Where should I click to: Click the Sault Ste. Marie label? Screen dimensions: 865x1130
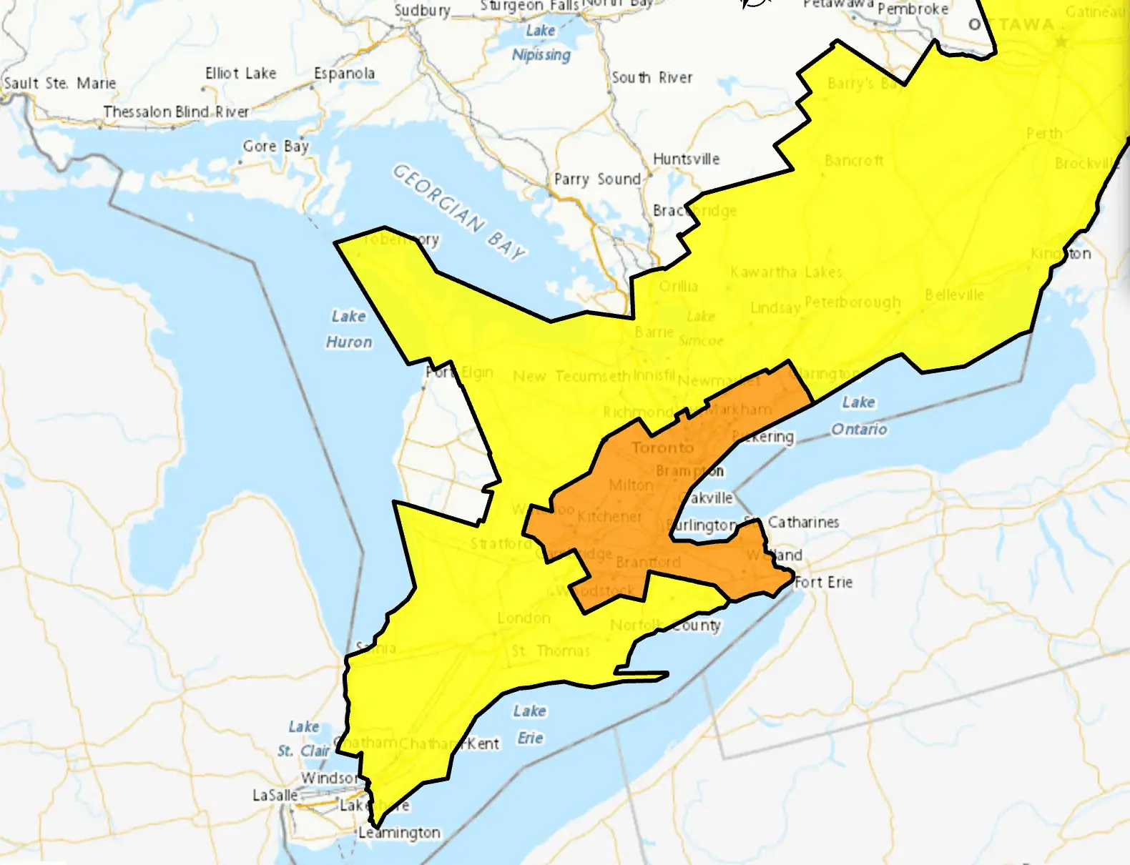[59, 83]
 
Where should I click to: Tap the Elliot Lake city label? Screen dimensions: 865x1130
[240, 73]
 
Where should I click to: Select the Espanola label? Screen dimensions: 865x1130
[344, 73]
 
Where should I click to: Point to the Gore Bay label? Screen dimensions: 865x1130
[275, 146]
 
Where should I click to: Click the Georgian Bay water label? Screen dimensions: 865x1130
[458, 211]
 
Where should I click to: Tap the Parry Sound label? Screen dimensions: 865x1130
[597, 179]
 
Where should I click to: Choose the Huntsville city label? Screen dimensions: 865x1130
[686, 159]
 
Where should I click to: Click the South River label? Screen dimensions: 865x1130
[652, 77]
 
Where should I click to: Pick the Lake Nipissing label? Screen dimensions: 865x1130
[541, 42]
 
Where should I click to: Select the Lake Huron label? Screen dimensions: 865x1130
[349, 329]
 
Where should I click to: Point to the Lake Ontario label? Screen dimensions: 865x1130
[858, 415]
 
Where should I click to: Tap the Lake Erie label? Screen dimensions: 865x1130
[530, 724]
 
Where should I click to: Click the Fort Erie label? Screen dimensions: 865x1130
[823, 582]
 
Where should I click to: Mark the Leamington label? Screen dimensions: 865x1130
[399, 832]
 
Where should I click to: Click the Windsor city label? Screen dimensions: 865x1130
[328, 777]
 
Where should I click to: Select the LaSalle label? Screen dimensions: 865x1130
[275, 795]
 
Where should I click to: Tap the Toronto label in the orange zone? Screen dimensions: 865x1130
[662, 448]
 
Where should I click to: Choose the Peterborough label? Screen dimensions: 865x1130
[853, 302]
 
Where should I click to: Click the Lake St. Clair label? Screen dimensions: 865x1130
[304, 738]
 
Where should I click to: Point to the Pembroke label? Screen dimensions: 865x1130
[913, 9]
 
